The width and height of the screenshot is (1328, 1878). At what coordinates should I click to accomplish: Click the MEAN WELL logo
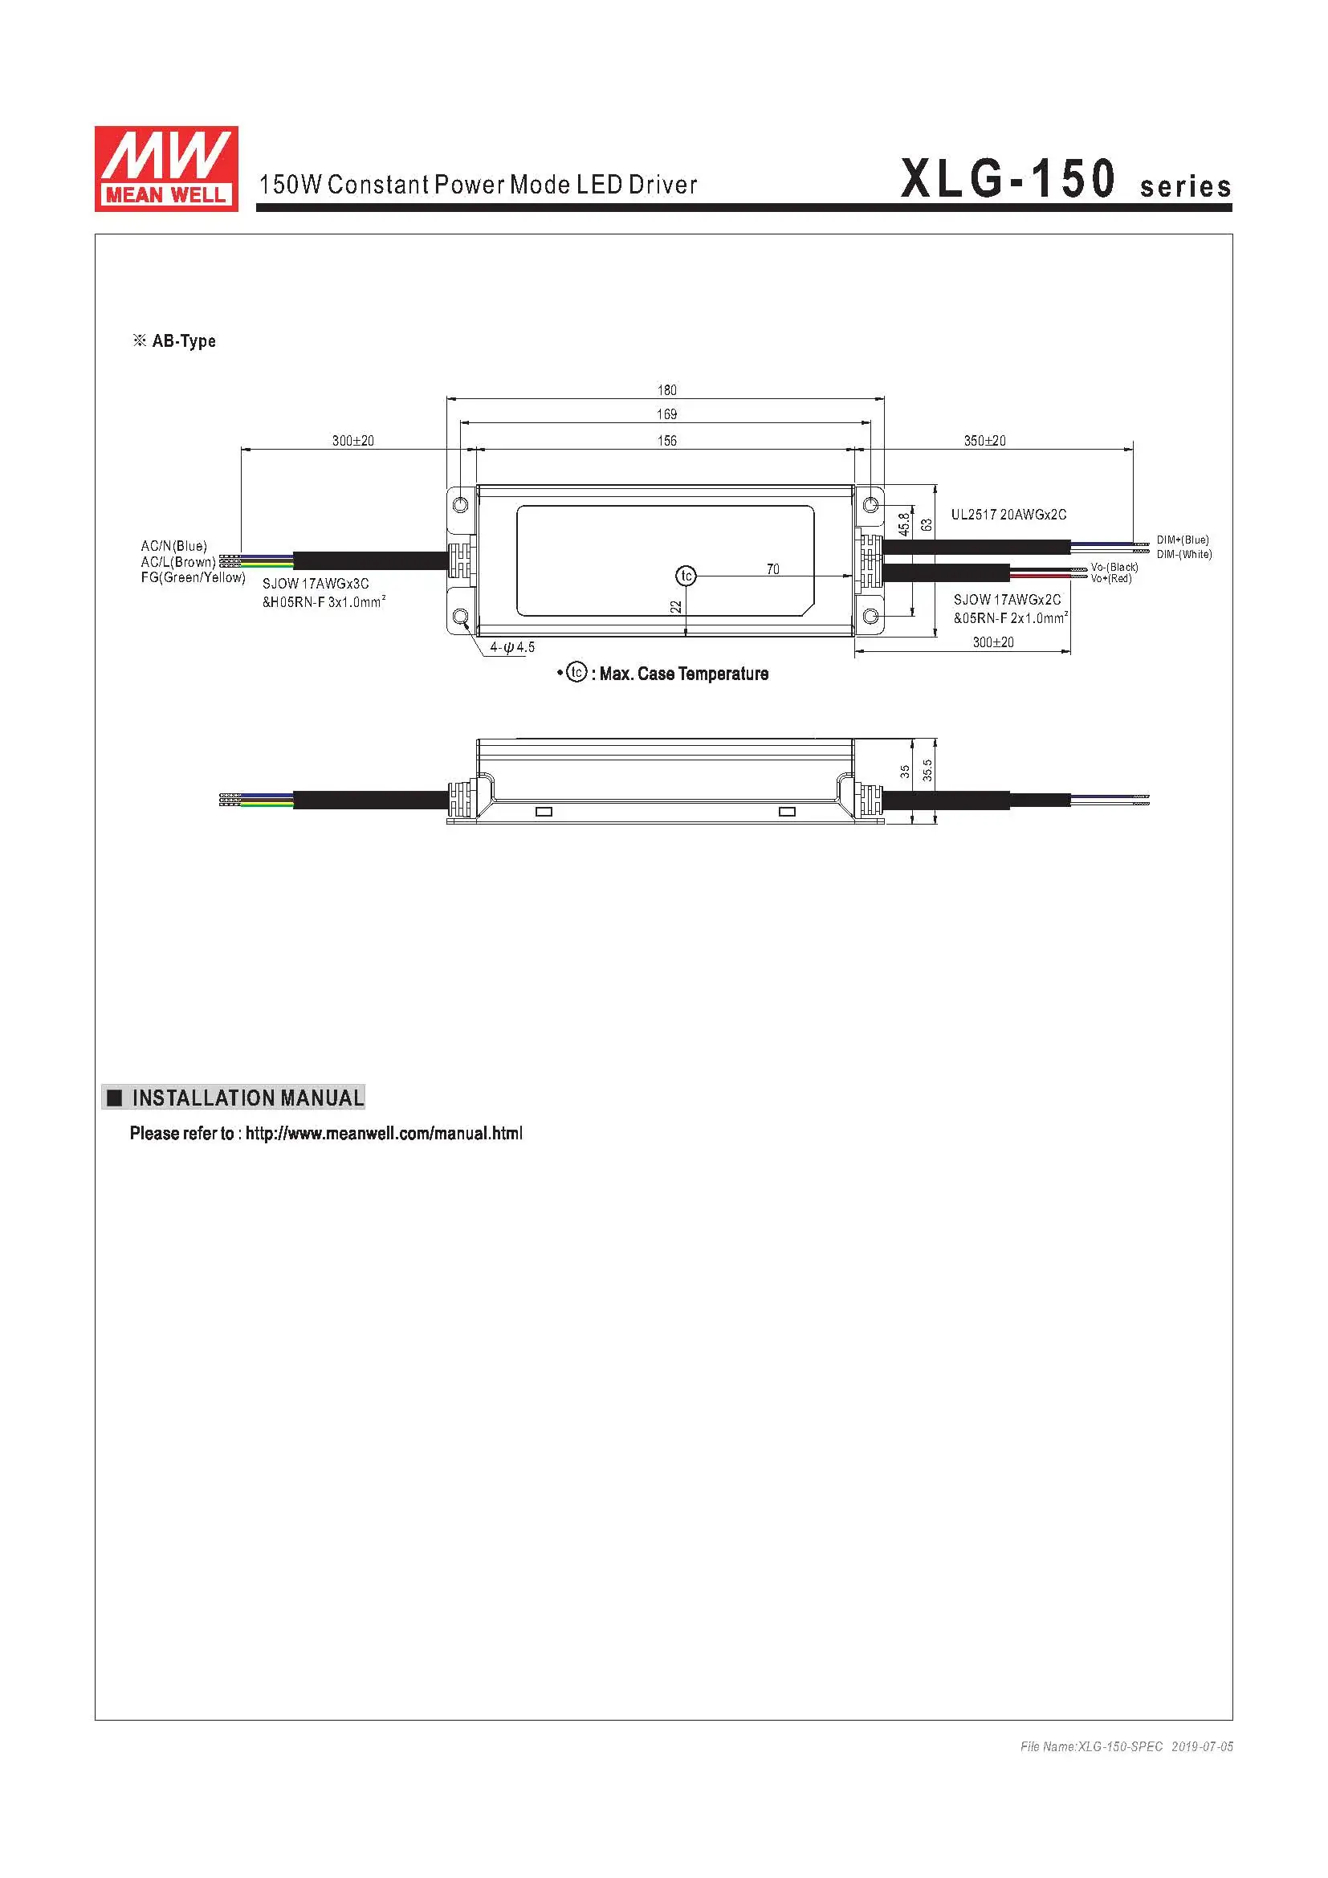tap(166, 169)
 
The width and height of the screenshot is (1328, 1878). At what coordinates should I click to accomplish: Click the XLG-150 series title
tap(1065, 179)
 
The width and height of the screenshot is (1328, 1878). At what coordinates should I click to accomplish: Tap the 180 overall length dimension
tap(666, 390)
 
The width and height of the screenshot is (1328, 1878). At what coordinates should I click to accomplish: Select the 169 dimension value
tap(666, 413)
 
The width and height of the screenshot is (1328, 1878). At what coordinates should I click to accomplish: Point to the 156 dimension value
tap(666, 441)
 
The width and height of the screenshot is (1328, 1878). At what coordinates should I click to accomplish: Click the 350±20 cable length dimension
tap(984, 441)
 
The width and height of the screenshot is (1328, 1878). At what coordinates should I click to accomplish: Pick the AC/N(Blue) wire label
tap(173, 545)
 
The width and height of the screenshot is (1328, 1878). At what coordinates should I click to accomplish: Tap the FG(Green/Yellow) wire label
tap(193, 577)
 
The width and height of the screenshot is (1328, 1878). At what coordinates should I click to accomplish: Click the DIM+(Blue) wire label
tap(1183, 540)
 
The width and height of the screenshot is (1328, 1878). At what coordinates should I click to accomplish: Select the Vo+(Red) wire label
tap(1111, 578)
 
